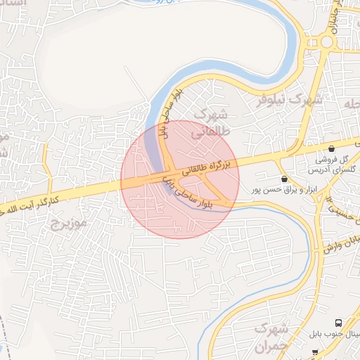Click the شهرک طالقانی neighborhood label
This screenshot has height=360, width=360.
coord(211,121)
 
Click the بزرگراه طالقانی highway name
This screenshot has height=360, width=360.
coord(207,167)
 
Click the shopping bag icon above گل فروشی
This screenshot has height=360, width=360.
coord(330,148)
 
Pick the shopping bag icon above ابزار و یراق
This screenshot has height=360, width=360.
coord(284,179)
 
